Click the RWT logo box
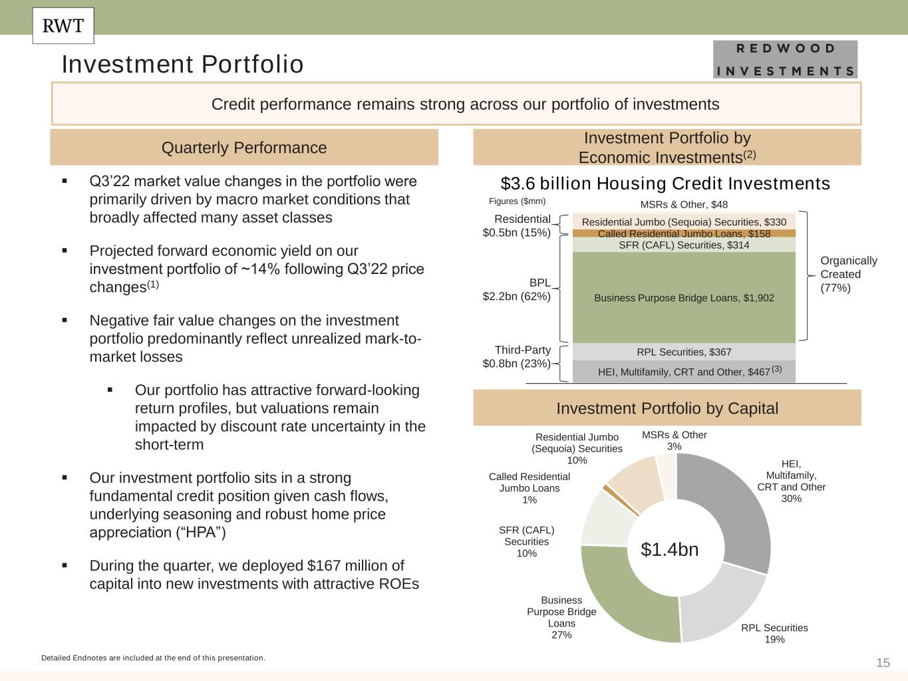pyautogui.click(x=63, y=26)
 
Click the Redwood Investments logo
pyautogui.click(x=785, y=59)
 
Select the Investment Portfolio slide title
pyautogui.click(x=182, y=65)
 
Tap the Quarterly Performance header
pyautogui.click(x=244, y=148)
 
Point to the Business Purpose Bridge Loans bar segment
pyautogui.click(x=684, y=298)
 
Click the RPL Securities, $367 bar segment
pyautogui.click(x=684, y=352)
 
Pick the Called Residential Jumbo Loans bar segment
pyautogui.click(x=684, y=233)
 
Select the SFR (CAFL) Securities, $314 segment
pyautogui.click(x=684, y=245)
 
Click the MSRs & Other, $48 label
pyautogui.click(x=684, y=205)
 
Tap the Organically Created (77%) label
pyautogui.click(x=848, y=274)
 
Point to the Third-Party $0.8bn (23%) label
pyautogui.click(x=517, y=357)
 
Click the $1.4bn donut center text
pyautogui.click(x=669, y=549)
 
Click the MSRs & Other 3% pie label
pyautogui.click(x=674, y=440)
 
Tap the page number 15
pyautogui.click(x=883, y=663)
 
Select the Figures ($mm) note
pyautogui.click(x=517, y=202)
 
